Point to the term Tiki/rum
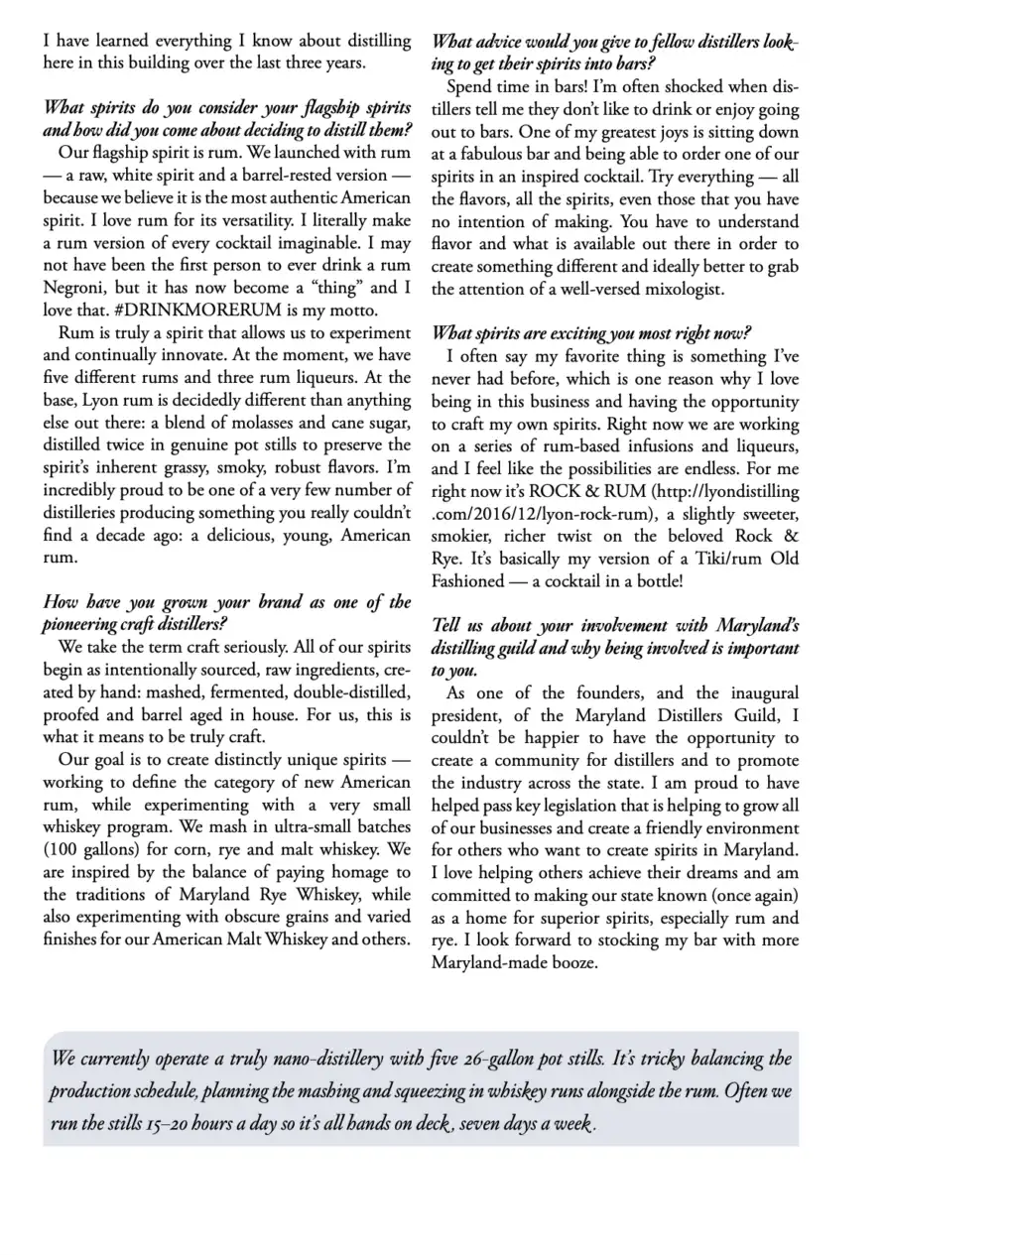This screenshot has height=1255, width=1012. pyautogui.click(x=702, y=559)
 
